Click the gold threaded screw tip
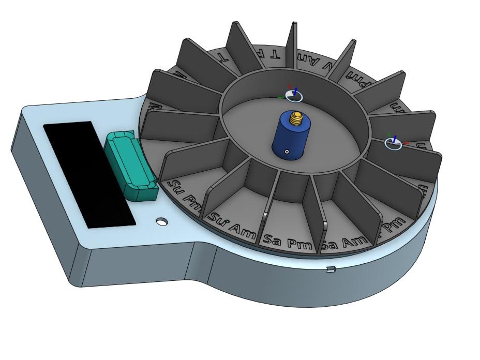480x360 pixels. coord(297,118)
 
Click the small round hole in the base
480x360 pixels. coord(163,222)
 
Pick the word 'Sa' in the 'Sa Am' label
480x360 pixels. coord(330,245)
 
